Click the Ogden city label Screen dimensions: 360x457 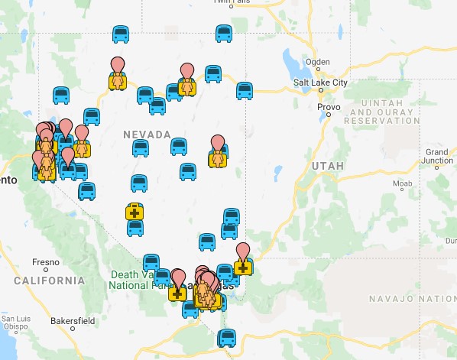pyautogui.click(x=316, y=62)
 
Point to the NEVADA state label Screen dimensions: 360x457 pyautogui.click(x=147, y=135)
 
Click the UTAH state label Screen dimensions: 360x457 pyautogui.click(x=329, y=165)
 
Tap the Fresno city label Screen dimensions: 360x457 pyautogui.click(x=46, y=262)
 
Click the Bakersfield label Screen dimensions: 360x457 pyautogui.click(x=73, y=321)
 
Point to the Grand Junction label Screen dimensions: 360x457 pyautogui.click(x=438, y=157)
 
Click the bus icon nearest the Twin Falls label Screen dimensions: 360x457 pyautogui.click(x=224, y=34)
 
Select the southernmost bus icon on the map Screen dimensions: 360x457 pyautogui.click(x=227, y=338)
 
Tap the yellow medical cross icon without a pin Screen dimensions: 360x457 pyautogui.click(x=135, y=211)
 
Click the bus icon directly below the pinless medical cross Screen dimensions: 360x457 pyautogui.click(x=135, y=228)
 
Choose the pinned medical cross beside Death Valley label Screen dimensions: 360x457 pyautogui.click(x=177, y=291)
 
